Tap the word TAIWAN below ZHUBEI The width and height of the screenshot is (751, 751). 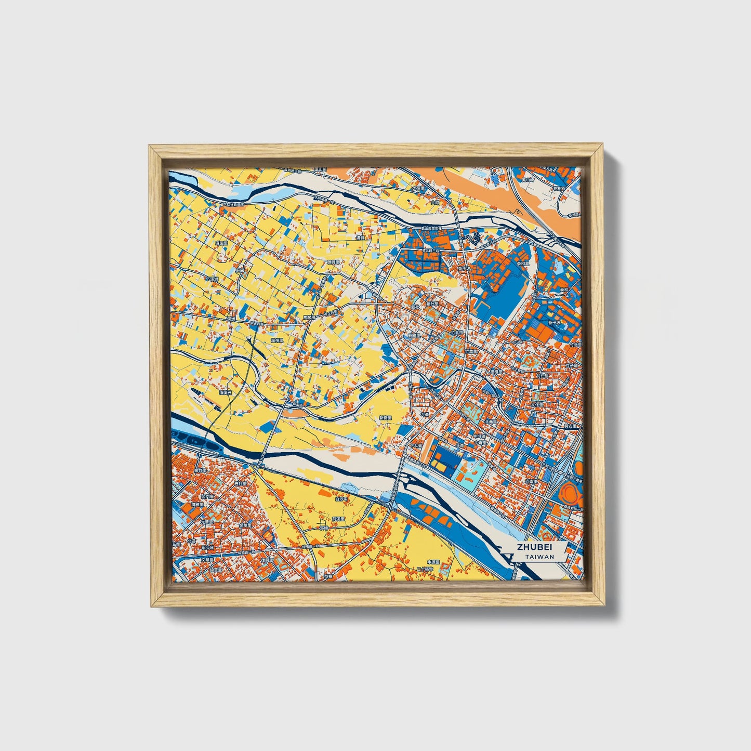click(539, 557)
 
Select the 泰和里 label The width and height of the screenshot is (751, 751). click(522, 263)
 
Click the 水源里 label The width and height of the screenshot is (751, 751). click(433, 562)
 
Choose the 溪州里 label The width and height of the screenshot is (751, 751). click(277, 340)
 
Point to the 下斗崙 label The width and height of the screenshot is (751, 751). click(415, 446)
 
